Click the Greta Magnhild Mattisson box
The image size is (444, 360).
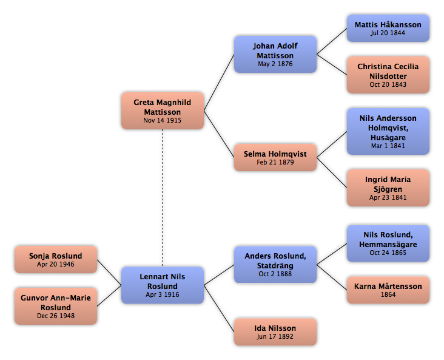point(163,110)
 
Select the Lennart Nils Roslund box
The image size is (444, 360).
point(163,285)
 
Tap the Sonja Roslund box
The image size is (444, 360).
point(56,260)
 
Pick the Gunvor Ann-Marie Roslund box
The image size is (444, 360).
point(56,306)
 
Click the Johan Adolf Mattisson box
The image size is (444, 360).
point(275,54)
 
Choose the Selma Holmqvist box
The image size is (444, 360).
point(275,157)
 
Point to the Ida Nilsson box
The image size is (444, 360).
point(275,332)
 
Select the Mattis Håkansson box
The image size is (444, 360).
point(388,29)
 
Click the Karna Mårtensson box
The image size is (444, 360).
point(388,290)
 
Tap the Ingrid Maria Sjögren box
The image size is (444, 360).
point(388,188)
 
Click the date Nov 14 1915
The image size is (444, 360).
point(162,120)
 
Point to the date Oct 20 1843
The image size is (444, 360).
point(388,84)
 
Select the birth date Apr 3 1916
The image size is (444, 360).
point(162,294)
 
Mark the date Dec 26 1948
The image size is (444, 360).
point(56,316)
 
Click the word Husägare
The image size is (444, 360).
point(388,138)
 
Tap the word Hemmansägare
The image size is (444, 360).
point(388,245)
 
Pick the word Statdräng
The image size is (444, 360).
point(275,266)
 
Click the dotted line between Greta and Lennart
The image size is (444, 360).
point(163,198)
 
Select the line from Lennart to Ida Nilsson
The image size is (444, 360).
point(219,308)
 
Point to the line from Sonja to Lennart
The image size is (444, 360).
point(109,273)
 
